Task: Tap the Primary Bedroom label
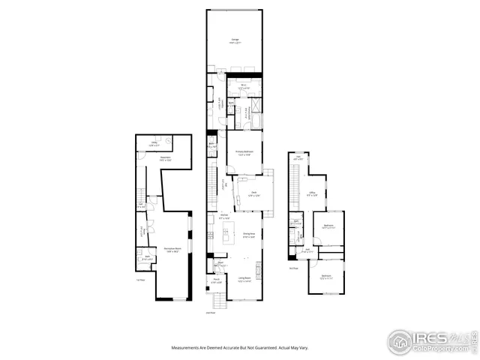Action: [244, 152]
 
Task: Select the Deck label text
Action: [254, 193]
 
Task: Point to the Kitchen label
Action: [223, 217]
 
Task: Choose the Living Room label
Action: [245, 279]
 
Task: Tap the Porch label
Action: [216, 282]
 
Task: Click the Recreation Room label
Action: [175, 249]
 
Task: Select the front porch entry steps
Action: [219, 302]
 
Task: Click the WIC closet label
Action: [244, 87]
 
